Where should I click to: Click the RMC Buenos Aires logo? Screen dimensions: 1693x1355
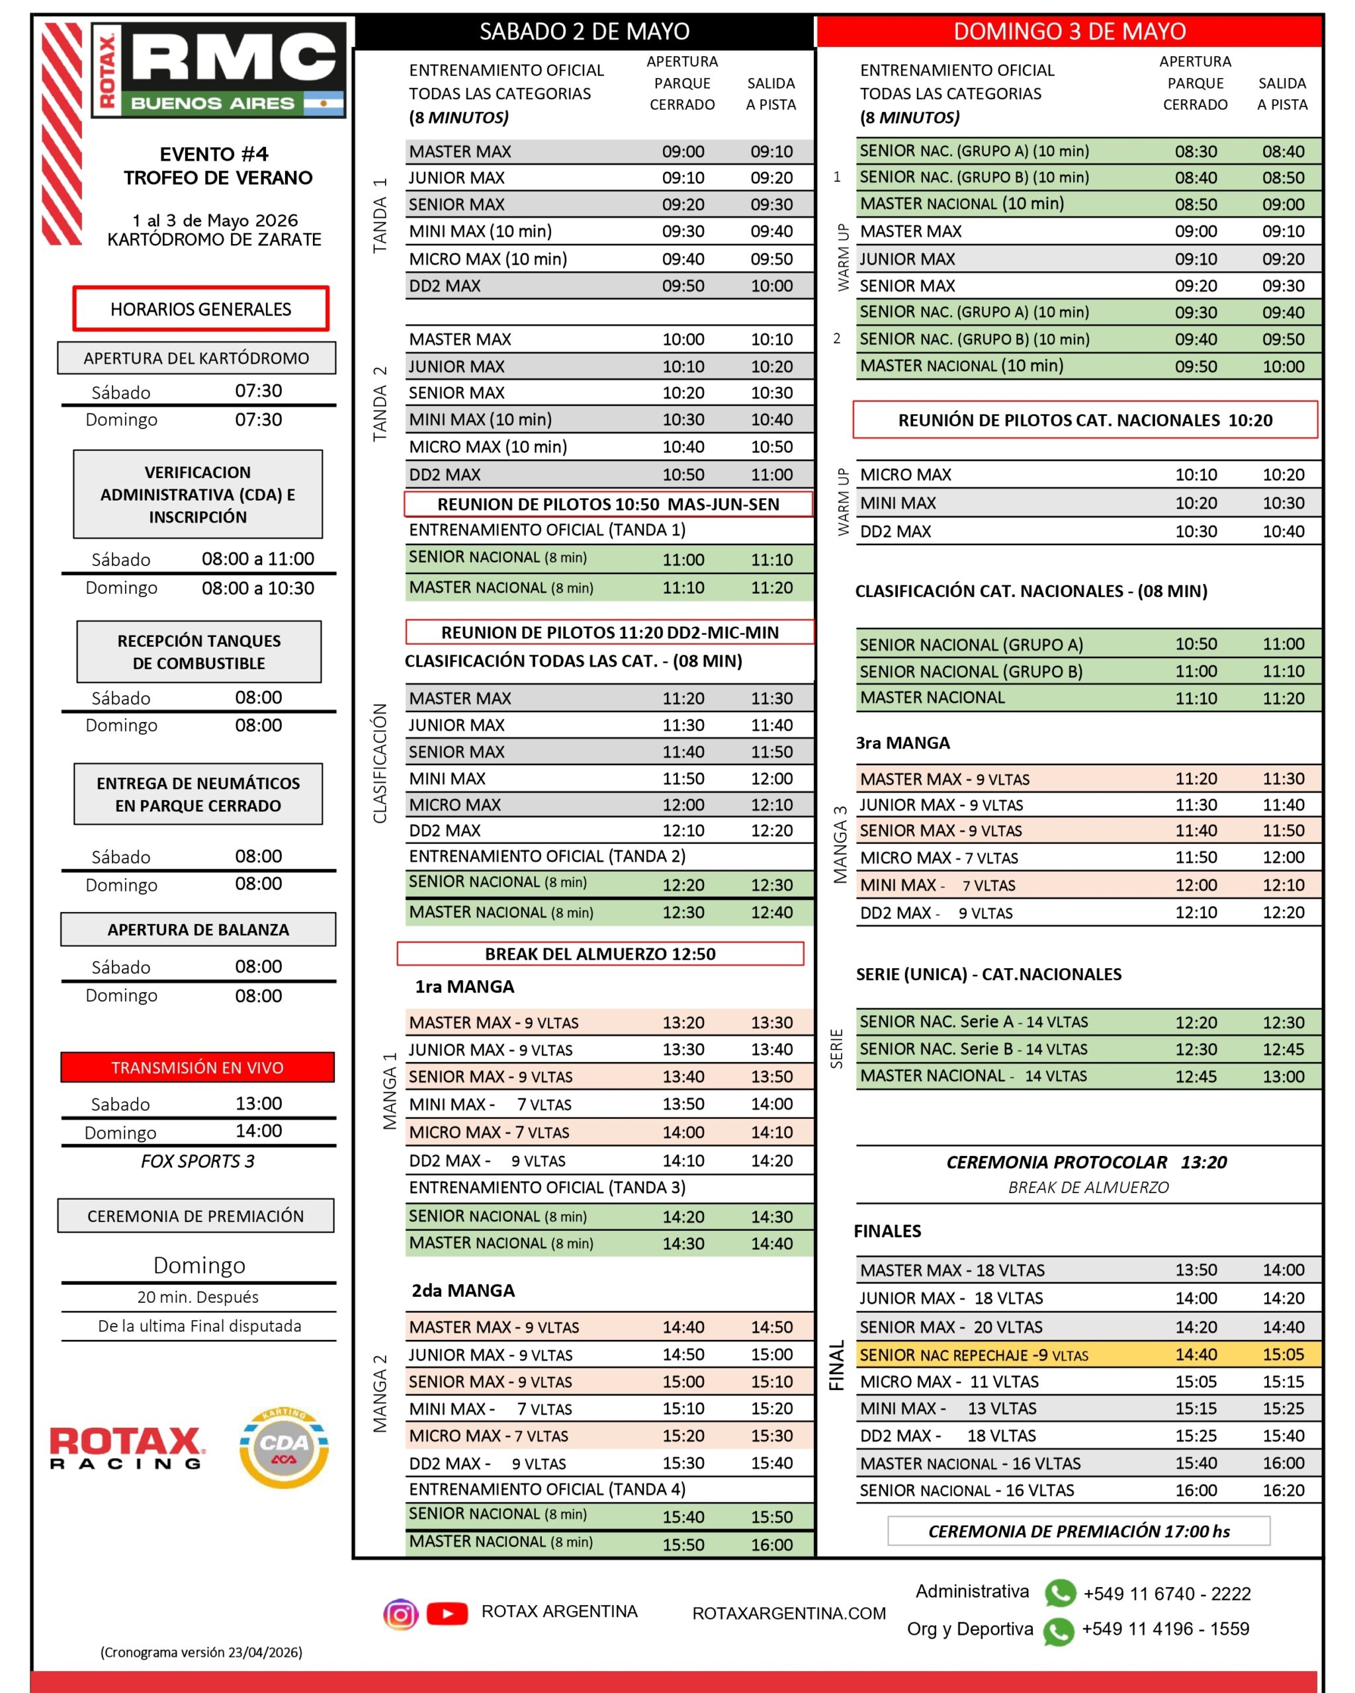click(219, 71)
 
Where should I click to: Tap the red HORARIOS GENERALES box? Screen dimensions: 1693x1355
click(200, 309)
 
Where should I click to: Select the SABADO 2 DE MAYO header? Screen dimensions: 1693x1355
click(584, 31)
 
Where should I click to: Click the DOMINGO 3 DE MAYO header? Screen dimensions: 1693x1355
click(1069, 31)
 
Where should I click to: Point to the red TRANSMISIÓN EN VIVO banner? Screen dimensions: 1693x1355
click(197, 1067)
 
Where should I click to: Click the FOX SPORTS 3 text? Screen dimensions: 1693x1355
click(197, 1161)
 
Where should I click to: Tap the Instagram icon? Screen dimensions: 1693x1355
click(400, 1614)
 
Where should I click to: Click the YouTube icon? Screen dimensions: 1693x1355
click(447, 1614)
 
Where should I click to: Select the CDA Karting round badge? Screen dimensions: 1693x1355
click(284, 1448)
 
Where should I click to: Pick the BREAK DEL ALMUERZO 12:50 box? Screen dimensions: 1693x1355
click(600, 953)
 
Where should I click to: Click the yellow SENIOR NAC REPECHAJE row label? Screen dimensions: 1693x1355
click(973, 1354)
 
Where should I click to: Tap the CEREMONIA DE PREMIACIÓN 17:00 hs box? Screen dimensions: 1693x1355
click(1078, 1530)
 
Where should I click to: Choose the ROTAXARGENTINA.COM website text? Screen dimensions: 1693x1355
click(789, 1613)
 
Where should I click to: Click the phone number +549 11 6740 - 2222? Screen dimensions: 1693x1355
click(1166, 1593)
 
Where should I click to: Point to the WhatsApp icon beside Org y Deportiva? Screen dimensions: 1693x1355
click(1058, 1631)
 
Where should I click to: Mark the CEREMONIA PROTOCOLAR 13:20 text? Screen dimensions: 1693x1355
click(1086, 1162)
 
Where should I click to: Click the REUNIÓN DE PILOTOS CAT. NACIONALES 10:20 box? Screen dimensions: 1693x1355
click(1085, 420)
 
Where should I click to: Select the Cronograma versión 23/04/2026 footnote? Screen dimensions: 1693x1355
click(201, 1652)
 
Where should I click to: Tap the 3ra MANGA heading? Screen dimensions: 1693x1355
click(902, 743)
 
